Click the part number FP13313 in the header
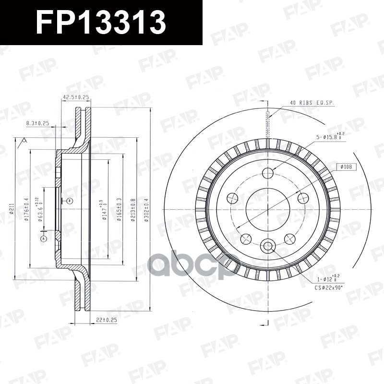pyautogui.click(x=101, y=23)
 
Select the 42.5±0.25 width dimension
pyautogui.click(x=76, y=97)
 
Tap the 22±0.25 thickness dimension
pyautogui.click(x=106, y=319)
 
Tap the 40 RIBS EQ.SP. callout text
pyautogui.click(x=312, y=103)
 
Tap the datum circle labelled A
pyautogui.click(x=44, y=239)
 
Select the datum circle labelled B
pyautogui.click(x=69, y=200)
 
